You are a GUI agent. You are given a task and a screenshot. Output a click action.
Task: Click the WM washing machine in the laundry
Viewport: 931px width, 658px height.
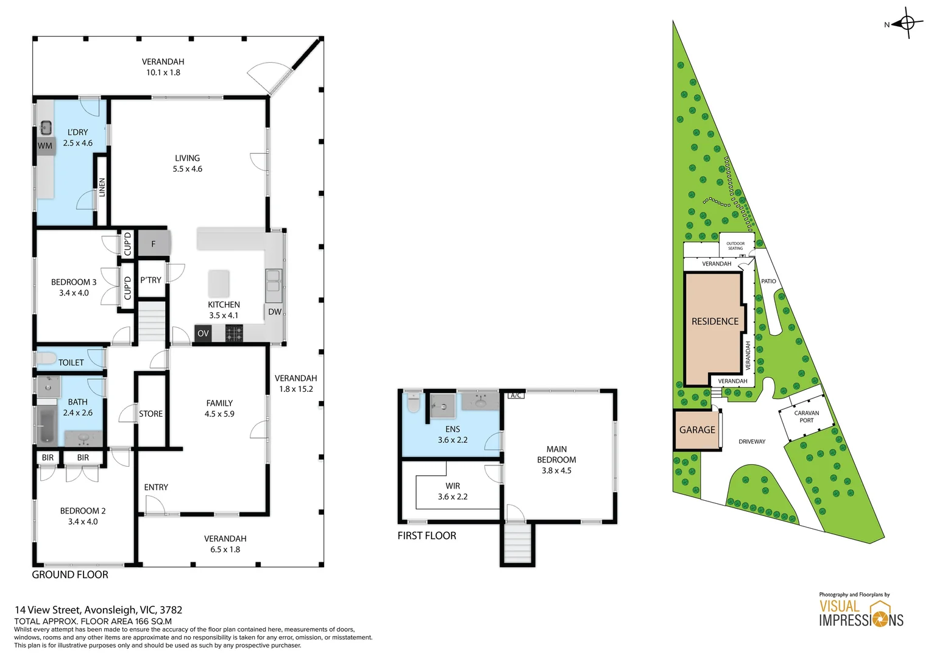(x=45, y=146)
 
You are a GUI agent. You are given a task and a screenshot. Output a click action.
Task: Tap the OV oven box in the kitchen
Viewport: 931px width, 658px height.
(x=203, y=333)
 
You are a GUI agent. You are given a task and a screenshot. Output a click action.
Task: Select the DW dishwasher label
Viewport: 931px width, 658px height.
(x=275, y=312)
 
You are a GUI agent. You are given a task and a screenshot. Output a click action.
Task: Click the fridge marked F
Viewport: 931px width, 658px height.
(x=153, y=244)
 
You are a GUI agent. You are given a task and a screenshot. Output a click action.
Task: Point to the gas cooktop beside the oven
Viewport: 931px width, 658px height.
(x=234, y=333)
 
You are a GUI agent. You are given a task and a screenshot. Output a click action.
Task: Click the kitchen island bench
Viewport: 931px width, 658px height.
(x=219, y=283)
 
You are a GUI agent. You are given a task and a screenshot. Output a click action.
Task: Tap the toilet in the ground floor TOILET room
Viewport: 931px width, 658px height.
(x=46, y=359)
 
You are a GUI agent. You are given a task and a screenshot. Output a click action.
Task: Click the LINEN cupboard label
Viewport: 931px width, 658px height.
(x=102, y=187)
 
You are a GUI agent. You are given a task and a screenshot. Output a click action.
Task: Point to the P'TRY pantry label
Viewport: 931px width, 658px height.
(x=150, y=280)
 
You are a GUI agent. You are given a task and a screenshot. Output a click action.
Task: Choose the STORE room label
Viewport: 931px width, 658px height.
(x=150, y=414)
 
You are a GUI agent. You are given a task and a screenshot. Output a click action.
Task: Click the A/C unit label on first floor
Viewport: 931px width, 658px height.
(x=515, y=395)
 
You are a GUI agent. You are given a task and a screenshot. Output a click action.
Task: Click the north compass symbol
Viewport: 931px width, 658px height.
(x=907, y=24)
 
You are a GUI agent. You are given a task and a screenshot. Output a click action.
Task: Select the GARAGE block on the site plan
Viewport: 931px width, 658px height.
(x=697, y=430)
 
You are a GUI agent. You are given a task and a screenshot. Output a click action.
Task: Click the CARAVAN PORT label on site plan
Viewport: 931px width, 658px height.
(x=806, y=417)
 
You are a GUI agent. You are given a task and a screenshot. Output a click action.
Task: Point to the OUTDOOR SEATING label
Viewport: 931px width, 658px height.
(x=735, y=246)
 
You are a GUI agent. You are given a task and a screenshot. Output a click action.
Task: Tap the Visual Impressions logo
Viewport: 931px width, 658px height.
(x=860, y=614)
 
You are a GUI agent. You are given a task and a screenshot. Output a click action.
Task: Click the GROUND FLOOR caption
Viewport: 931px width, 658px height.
(x=70, y=575)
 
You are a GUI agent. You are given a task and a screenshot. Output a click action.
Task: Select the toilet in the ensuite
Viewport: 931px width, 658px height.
(x=413, y=403)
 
